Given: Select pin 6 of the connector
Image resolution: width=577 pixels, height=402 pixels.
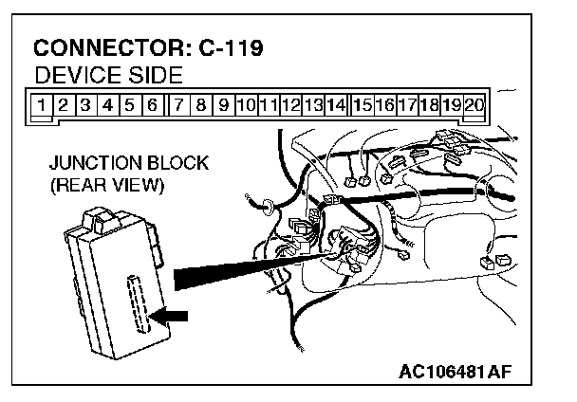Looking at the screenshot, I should [x=152, y=104].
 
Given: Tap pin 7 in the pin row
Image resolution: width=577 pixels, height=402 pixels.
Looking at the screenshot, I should [x=178, y=104].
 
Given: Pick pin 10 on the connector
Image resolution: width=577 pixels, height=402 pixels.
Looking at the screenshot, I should [x=246, y=104].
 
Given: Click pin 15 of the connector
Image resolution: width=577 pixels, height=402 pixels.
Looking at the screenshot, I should [x=362, y=104].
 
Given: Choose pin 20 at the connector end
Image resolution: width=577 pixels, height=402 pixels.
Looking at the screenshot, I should [x=475, y=104].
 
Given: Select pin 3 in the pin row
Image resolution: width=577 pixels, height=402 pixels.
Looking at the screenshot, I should [x=84, y=104].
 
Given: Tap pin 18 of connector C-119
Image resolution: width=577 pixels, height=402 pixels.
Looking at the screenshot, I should [x=429, y=104].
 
